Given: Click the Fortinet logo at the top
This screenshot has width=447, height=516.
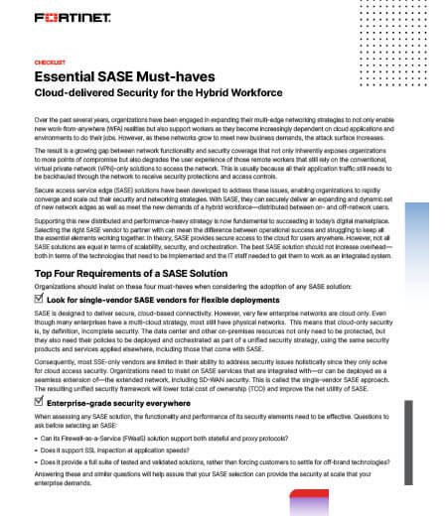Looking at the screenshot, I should pos(73,20).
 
